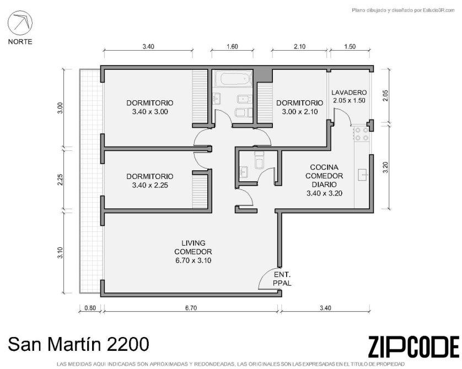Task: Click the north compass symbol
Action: (20, 23)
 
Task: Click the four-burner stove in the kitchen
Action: (362, 134)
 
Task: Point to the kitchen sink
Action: (363, 175)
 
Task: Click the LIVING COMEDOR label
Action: (193, 252)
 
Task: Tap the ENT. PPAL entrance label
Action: (282, 279)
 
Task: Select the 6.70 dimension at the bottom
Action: (191, 308)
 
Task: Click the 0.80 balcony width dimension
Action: (90, 308)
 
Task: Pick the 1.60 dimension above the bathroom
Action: (232, 46)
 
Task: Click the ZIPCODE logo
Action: (413, 346)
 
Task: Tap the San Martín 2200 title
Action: (78, 344)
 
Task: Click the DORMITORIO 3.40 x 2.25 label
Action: (150, 181)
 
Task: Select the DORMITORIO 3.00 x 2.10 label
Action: (300, 107)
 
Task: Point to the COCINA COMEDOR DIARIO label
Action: (324, 180)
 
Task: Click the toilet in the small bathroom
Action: (259, 160)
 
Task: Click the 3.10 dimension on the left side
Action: (60, 252)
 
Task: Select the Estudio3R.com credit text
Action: (404, 10)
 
